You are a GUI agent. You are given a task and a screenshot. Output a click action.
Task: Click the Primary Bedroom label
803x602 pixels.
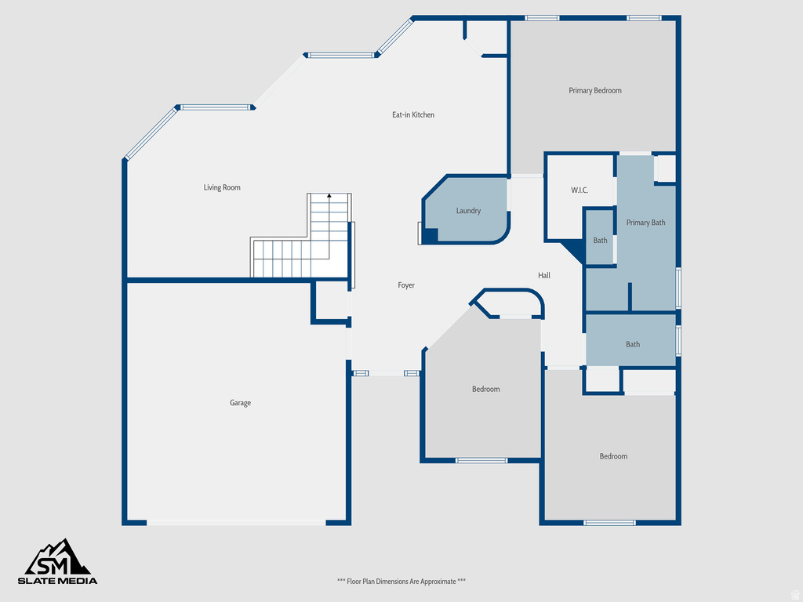coord(594,91)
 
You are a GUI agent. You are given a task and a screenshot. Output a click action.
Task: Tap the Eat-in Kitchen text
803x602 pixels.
coord(413,115)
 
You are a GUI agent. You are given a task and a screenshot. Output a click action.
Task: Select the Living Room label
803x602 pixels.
coord(222,187)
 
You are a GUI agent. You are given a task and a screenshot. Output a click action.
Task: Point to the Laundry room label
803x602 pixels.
coord(468,211)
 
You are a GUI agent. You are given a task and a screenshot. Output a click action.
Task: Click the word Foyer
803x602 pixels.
coord(406,285)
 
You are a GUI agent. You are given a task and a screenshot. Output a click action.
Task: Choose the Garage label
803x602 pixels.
coord(240,403)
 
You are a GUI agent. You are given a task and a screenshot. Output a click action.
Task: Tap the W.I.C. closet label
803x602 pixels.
coord(580,190)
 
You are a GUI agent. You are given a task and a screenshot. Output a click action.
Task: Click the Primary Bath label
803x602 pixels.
coord(645,223)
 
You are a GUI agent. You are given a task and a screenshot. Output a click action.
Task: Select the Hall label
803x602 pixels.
coord(544,275)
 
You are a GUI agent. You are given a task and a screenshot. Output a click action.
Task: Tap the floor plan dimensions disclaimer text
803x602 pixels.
coord(401,582)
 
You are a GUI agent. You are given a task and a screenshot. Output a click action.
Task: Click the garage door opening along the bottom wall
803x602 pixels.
coord(236,522)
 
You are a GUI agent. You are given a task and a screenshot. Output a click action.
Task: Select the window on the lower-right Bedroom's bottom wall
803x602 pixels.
coord(609,522)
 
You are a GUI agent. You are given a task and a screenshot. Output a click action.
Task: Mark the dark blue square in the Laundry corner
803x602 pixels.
coord(429,234)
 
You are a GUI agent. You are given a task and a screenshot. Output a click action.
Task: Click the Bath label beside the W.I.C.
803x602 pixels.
coord(600,241)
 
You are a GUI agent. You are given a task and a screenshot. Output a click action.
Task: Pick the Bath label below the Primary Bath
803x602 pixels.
coord(632,344)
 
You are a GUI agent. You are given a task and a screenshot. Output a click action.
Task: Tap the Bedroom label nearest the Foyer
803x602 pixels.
coord(485,390)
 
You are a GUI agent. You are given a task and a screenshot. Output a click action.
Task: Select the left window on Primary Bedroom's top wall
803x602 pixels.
coord(542,17)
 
